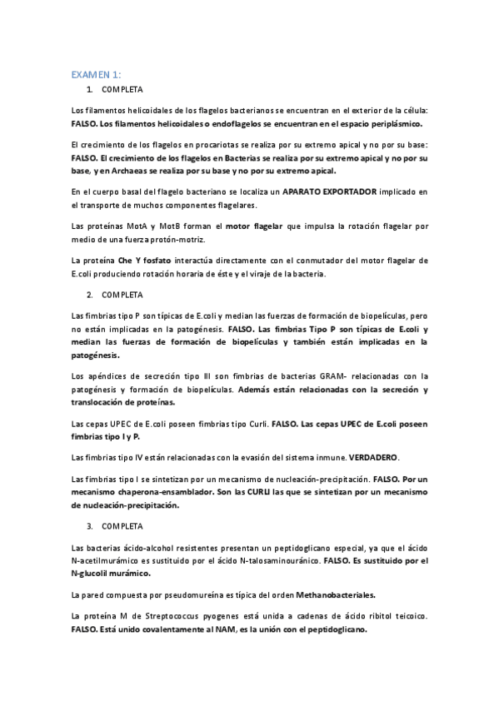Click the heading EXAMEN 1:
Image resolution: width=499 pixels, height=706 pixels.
tap(96, 74)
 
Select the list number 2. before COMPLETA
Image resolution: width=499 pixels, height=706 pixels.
tap(89, 295)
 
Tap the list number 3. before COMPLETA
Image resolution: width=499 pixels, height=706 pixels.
tap(89, 527)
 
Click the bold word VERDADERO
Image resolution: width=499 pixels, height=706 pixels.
tap(376, 457)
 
